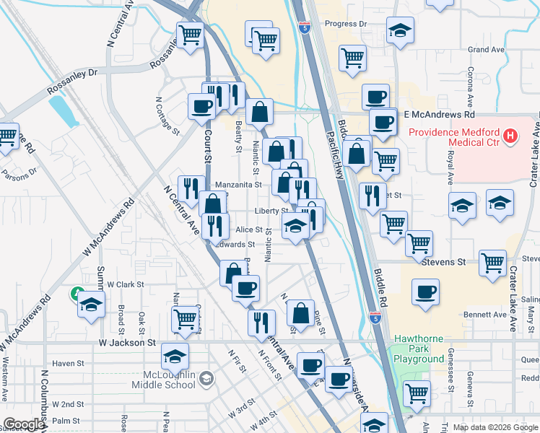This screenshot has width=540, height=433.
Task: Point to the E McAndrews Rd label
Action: coord(439,115)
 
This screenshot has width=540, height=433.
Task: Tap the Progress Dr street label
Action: coord(346,24)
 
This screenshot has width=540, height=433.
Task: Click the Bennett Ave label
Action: coord(485,315)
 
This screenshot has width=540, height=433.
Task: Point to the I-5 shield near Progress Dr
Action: coord(305,29)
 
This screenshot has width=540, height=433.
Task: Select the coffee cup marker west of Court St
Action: coord(201,106)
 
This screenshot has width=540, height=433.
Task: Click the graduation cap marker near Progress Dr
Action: coord(399,32)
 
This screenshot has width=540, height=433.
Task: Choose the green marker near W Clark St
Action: coord(77,294)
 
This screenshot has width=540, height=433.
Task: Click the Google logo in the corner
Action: coord(24,424)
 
